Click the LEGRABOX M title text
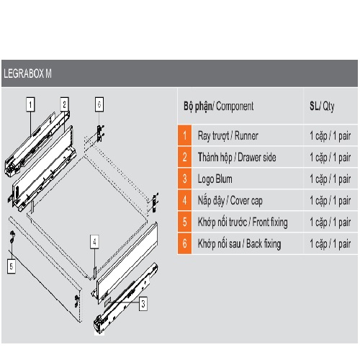pyautogui.click(x=27, y=73)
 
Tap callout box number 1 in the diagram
pyautogui.click(x=30, y=104)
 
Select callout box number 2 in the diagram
pyautogui.click(x=64, y=104)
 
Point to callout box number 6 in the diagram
pyautogui.click(x=99, y=104)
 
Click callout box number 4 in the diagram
pyautogui.click(x=94, y=242)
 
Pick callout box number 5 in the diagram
pyautogui.click(x=12, y=266)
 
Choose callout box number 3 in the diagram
pyautogui.click(x=143, y=304)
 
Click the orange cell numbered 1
pyautogui.click(x=184, y=135)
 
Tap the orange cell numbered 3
pyautogui.click(x=184, y=179)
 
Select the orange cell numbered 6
pyautogui.click(x=184, y=243)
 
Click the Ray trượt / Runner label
pyautogui.click(x=228, y=136)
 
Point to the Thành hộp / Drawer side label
pyautogui.click(x=237, y=158)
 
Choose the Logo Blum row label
pyautogui.click(x=215, y=179)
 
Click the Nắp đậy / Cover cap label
pyautogui.click(x=230, y=201)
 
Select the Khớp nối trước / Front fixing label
pyautogui.click(x=243, y=222)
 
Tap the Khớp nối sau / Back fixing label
pyautogui.click(x=239, y=244)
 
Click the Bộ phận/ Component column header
pyautogui.click(x=218, y=106)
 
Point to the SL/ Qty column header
pyautogui.click(x=322, y=106)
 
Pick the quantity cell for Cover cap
pyautogui.click(x=330, y=201)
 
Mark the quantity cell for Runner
pyautogui.click(x=330, y=136)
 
